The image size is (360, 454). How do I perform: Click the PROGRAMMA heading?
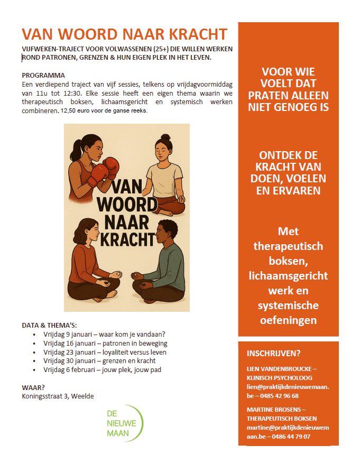click(x=43, y=75)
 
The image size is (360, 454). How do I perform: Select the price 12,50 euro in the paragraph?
click(x=85, y=111)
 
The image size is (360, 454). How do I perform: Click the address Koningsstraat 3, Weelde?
click(x=58, y=396)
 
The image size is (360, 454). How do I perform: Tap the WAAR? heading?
click(x=33, y=387)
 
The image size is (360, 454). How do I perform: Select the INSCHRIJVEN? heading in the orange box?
click(x=272, y=354)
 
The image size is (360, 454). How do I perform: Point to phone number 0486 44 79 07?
click(x=289, y=436)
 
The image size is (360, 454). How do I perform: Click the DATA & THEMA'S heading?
click(x=49, y=325)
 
